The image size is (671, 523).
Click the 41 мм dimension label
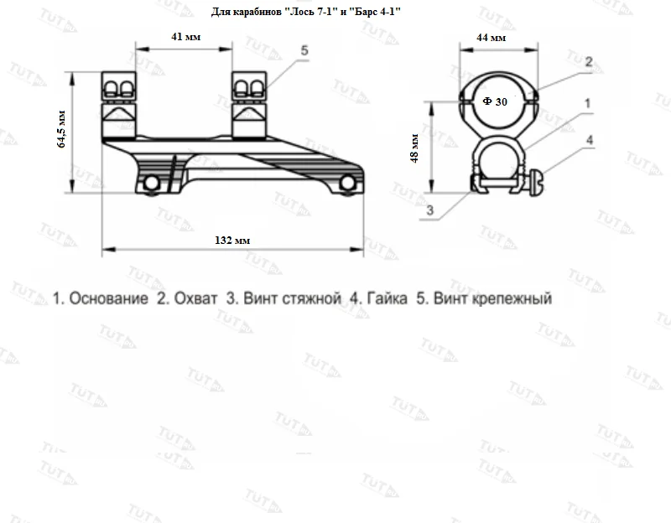(185, 37)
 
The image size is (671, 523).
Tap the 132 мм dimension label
(232, 241)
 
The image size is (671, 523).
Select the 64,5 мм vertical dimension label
(61, 129)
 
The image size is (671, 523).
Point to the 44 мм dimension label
(492, 38)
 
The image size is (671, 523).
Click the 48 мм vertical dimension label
(414, 148)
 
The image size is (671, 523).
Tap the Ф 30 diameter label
(495, 101)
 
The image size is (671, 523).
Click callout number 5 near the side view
(304, 50)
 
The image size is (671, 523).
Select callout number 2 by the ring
(589, 62)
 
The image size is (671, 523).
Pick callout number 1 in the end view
(588, 103)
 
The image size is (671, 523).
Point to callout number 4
(590, 140)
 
